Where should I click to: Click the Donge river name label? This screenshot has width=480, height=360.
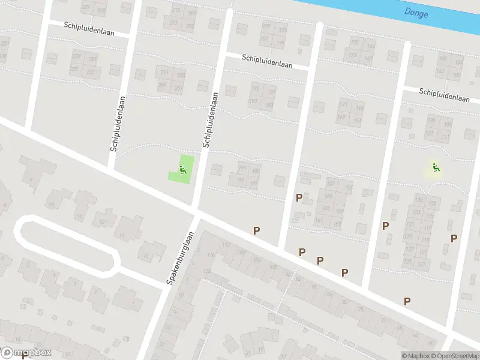tap(416, 13)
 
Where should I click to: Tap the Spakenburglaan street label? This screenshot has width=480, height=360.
tap(183, 258)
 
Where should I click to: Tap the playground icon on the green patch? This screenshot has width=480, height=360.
tap(183, 169)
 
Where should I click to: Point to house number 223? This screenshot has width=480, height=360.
tap(91, 72)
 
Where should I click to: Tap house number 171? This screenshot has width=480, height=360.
tap(344, 104)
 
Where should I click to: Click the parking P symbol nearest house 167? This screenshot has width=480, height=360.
tap(299, 197)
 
